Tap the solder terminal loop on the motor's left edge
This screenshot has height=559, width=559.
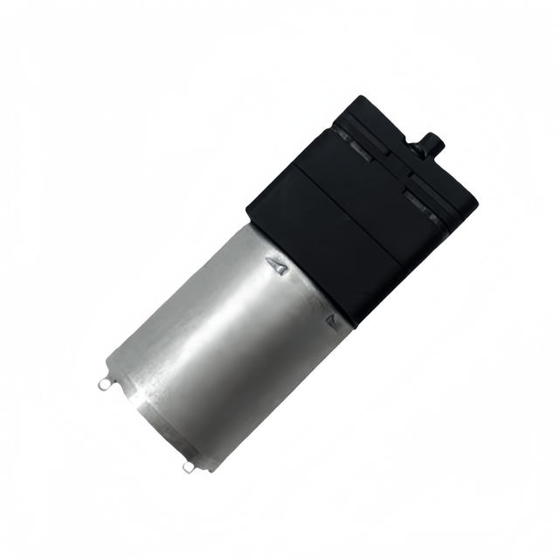[106, 382]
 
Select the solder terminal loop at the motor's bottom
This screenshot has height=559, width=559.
[189, 468]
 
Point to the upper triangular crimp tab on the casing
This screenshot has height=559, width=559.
[279, 265]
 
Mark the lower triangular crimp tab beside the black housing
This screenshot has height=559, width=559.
[332, 321]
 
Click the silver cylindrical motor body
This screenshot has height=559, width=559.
[227, 341]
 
